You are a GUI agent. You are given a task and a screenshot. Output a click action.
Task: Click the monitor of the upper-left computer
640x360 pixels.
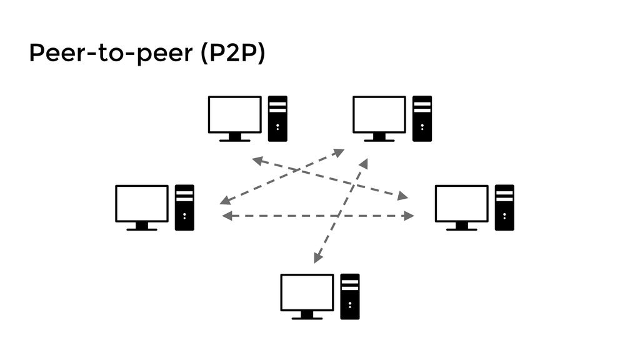pyautogui.click(x=235, y=115)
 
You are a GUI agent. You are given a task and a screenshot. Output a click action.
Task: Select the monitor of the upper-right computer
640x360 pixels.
pyautogui.click(x=379, y=115)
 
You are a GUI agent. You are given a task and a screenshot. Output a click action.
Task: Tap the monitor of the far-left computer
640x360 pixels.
pyautogui.click(x=142, y=204)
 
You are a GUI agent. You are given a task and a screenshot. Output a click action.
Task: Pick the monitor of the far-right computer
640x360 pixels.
pyautogui.click(x=462, y=204)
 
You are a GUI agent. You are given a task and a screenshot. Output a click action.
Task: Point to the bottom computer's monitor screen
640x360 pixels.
pyautogui.click(x=307, y=292)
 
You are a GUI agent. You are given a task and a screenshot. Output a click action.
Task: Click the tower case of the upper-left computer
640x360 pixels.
pyautogui.click(x=277, y=119)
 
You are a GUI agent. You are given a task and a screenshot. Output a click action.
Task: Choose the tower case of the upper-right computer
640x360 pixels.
pyautogui.click(x=422, y=119)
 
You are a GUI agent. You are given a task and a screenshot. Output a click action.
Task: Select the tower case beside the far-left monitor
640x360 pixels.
pyautogui.click(x=184, y=207)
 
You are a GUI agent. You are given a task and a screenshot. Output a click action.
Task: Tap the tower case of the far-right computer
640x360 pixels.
pyautogui.click(x=504, y=207)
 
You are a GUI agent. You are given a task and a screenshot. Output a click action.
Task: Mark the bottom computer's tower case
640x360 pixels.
pyautogui.click(x=350, y=297)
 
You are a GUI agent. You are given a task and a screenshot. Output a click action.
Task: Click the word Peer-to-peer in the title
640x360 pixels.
pyautogui.click(x=111, y=53)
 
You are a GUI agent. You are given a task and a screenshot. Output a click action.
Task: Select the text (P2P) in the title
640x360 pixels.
pyautogui.click(x=233, y=53)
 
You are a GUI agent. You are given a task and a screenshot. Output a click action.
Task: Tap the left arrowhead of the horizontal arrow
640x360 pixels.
pyautogui.click(x=227, y=216)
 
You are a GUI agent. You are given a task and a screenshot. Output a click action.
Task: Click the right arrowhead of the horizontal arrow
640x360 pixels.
pyautogui.click(x=409, y=216)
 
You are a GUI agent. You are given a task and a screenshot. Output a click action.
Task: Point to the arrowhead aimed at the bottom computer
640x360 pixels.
pyautogui.click(x=318, y=257)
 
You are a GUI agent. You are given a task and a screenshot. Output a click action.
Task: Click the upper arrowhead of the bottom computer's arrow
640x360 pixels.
pyautogui.click(x=364, y=164)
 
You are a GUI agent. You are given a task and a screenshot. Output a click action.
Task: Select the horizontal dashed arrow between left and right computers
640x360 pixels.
pyautogui.click(x=318, y=216)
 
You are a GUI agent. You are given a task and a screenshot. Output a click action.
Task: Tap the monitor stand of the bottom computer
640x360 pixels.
pyautogui.click(x=307, y=315)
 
